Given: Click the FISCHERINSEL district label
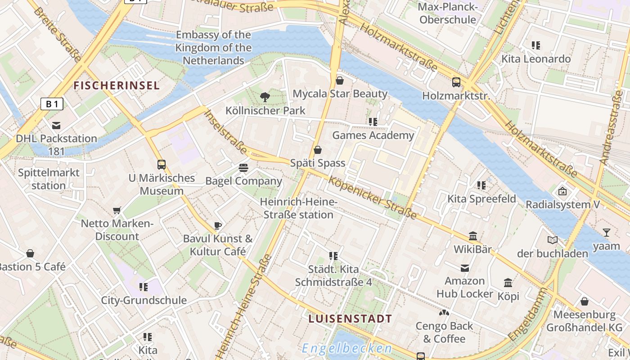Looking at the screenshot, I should point(117,85).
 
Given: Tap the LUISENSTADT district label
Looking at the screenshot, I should point(350,319).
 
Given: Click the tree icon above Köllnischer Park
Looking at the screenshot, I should point(265,96).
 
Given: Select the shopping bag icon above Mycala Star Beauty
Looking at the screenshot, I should point(340,81).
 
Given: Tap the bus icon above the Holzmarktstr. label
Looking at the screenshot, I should point(456,82).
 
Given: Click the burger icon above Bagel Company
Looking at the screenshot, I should point(243,168).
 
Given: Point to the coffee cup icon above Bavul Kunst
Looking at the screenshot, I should point(218,225).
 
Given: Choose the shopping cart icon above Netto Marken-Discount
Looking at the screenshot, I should point(117,210).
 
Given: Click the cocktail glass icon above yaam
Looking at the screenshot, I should point(606,233).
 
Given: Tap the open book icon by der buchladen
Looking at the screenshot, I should point(552,240).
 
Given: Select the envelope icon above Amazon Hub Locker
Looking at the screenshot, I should point(464,268).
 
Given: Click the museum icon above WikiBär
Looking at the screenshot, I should point(472,236).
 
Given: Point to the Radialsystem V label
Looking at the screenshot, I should point(562,205).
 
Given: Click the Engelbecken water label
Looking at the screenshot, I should point(347,348).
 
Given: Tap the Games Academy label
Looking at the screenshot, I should point(373,135).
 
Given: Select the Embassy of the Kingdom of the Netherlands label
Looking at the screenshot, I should point(213,47).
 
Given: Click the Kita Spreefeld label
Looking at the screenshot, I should point(481,199).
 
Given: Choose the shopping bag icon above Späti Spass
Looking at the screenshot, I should point(318,150).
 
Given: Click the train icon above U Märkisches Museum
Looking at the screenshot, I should point(162,165).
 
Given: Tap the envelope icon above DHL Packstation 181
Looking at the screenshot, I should point(56,126).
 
